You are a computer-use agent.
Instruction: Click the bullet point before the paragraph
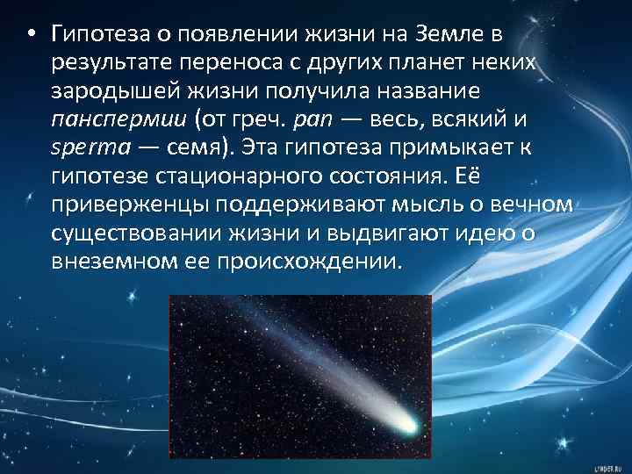[x=31, y=35]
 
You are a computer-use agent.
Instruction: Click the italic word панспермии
[x=118, y=119]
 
